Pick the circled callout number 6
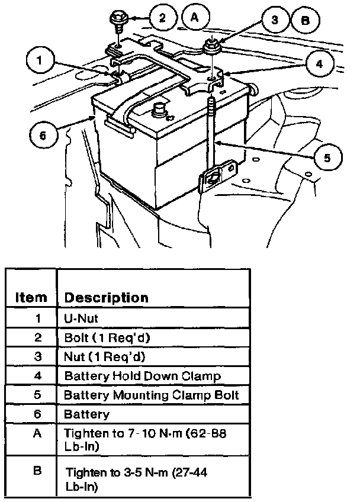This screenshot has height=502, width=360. pos(43,134)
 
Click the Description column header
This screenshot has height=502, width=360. pos(106,297)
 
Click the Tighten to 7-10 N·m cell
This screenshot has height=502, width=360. pos(144,439)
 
